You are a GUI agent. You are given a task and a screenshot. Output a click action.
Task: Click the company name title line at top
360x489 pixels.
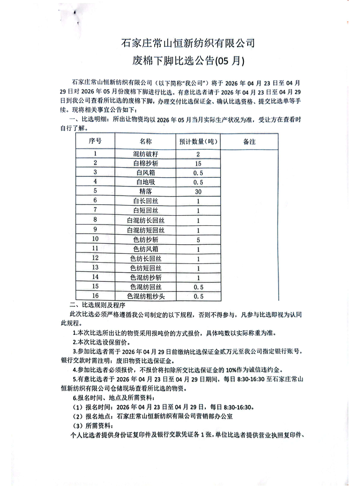point(188,44)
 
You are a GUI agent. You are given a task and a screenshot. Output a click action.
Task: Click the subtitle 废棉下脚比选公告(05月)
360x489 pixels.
point(188,61)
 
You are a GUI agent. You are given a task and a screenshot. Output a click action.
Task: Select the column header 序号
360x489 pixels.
point(95,142)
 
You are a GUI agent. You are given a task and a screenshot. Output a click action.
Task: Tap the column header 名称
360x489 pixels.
point(146,142)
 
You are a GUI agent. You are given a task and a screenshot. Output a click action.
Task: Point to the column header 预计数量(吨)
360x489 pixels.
point(198,142)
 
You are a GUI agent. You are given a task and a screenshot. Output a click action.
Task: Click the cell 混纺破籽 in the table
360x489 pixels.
point(146,154)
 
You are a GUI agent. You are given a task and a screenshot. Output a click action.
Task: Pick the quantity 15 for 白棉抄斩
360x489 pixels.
point(198,163)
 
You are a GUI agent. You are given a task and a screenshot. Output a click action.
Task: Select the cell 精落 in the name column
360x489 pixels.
point(146,191)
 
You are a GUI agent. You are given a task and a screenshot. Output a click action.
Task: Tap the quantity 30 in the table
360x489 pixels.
point(198,191)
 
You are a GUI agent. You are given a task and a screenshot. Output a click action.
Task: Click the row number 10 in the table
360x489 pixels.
point(95,239)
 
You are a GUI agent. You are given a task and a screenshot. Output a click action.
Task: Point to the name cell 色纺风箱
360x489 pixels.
point(146,249)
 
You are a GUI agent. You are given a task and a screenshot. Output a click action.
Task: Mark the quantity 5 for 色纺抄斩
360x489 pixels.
point(198,239)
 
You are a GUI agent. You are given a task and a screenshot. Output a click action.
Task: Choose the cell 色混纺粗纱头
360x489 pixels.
point(146,296)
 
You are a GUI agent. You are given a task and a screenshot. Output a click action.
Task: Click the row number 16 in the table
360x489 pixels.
point(95,296)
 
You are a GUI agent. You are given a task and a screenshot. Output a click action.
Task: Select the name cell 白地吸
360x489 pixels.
point(146,182)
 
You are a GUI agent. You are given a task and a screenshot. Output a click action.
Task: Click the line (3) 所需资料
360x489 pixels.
point(92,426)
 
